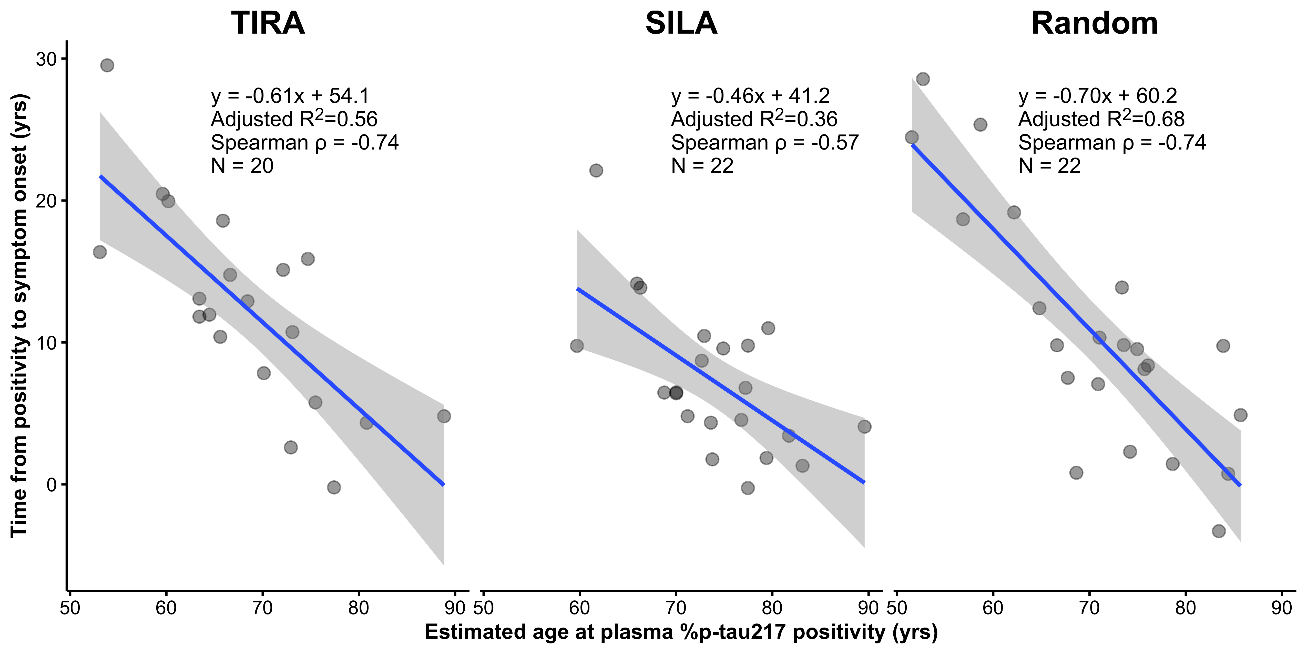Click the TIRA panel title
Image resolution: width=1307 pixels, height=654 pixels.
point(268,23)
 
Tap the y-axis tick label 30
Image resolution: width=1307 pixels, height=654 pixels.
point(46,60)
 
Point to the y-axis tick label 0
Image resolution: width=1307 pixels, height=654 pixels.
point(51,485)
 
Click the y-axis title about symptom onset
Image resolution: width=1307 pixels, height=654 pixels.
point(19,315)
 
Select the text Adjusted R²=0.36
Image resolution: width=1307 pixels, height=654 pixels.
point(754,119)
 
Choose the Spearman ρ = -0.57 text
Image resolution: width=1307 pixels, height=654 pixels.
point(765,142)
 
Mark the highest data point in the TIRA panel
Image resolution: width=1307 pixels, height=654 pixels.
point(107,65)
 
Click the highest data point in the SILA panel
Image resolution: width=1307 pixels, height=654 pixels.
point(596,170)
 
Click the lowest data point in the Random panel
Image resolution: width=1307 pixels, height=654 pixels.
point(1219,531)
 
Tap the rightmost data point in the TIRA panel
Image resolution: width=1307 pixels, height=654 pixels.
point(444,416)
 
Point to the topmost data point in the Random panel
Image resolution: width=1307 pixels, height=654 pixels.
point(923,79)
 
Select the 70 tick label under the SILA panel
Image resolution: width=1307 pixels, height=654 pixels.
point(676,608)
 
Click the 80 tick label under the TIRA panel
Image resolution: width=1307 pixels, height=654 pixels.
point(359,608)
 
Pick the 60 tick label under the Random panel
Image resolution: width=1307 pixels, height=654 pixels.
point(993,608)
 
